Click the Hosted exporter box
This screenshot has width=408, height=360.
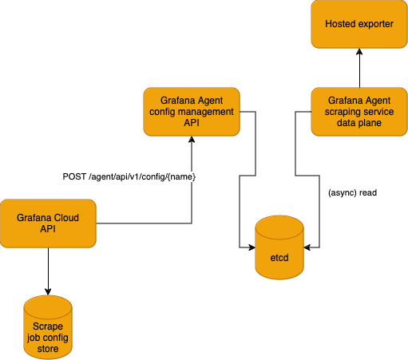(358, 24)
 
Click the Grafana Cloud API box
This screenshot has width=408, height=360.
(48, 224)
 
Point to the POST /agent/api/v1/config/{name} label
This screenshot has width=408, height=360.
(129, 176)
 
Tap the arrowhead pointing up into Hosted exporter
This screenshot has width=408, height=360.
(358, 53)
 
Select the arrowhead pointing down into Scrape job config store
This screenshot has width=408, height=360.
(48, 290)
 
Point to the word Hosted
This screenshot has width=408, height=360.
(342, 24)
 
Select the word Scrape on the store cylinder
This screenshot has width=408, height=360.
(48, 326)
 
